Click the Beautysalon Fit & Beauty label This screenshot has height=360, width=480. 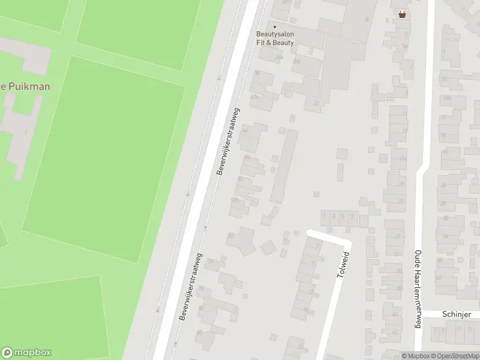275,38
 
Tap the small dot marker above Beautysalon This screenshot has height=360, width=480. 275,26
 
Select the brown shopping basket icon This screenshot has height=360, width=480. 401,14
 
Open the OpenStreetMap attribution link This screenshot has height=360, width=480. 455,356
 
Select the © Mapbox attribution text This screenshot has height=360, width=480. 416,356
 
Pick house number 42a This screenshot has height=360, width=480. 254,96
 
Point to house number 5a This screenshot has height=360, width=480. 405,46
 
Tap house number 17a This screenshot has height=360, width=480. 403,158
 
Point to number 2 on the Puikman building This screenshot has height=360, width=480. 26,131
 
